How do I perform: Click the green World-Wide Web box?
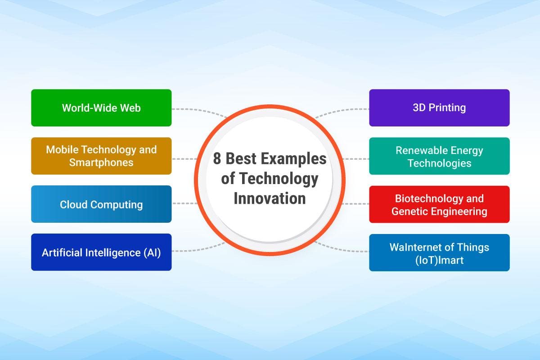pyautogui.click(x=101, y=108)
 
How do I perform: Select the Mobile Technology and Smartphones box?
pyautogui.click(x=101, y=156)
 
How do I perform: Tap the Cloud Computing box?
pyautogui.click(x=101, y=204)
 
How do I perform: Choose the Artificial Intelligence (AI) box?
pyautogui.click(x=101, y=252)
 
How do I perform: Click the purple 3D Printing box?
pyautogui.click(x=439, y=108)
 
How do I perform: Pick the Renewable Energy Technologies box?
pyautogui.click(x=439, y=156)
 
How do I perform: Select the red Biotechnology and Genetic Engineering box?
pyautogui.click(x=439, y=204)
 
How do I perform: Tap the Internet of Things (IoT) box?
pyautogui.click(x=439, y=252)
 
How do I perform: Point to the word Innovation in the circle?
pyautogui.click(x=270, y=198)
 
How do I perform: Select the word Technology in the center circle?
pyautogui.click(x=278, y=179)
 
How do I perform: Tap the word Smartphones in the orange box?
pyautogui.click(x=101, y=162)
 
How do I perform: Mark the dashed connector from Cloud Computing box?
pyautogui.click(x=184, y=203)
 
